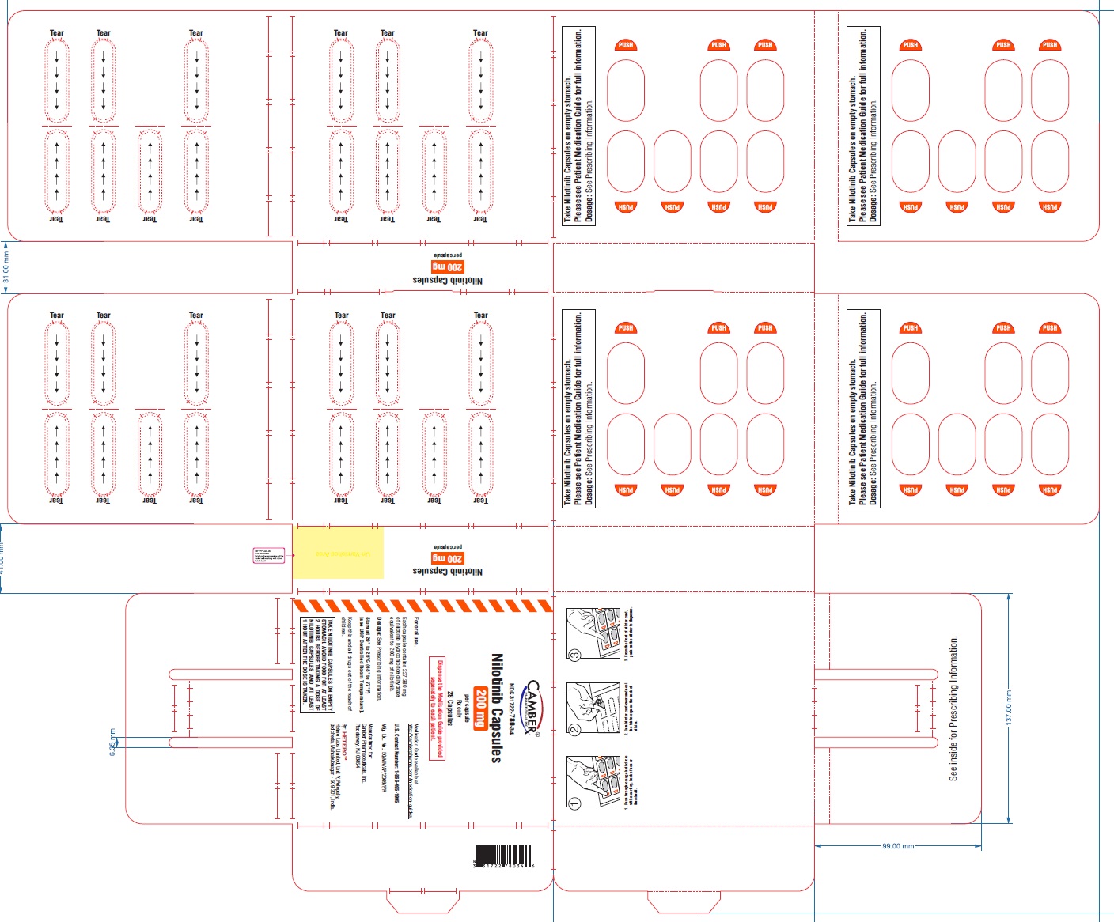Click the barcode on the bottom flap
coord(504,856)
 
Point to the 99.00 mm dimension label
coord(897,846)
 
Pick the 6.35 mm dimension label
coord(112,742)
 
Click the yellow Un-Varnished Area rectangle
coord(338,553)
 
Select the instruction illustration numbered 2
coord(589,709)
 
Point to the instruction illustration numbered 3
coord(589,634)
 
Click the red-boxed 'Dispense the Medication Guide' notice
coord(437,708)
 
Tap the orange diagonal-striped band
coord(422,606)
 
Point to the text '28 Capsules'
coord(449,709)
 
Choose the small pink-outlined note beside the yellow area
coord(268,555)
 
